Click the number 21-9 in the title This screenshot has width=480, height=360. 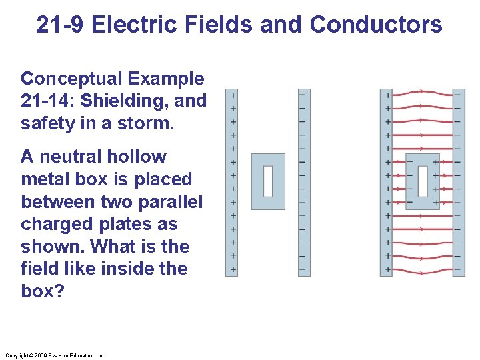(x=61, y=25)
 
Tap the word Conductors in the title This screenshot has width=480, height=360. (x=376, y=25)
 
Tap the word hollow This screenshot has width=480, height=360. (x=139, y=157)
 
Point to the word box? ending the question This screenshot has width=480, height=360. (x=43, y=291)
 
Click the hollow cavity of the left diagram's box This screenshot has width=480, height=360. (x=268, y=181)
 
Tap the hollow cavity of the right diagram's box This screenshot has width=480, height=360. (x=423, y=181)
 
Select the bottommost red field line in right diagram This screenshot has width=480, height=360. (x=423, y=271)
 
